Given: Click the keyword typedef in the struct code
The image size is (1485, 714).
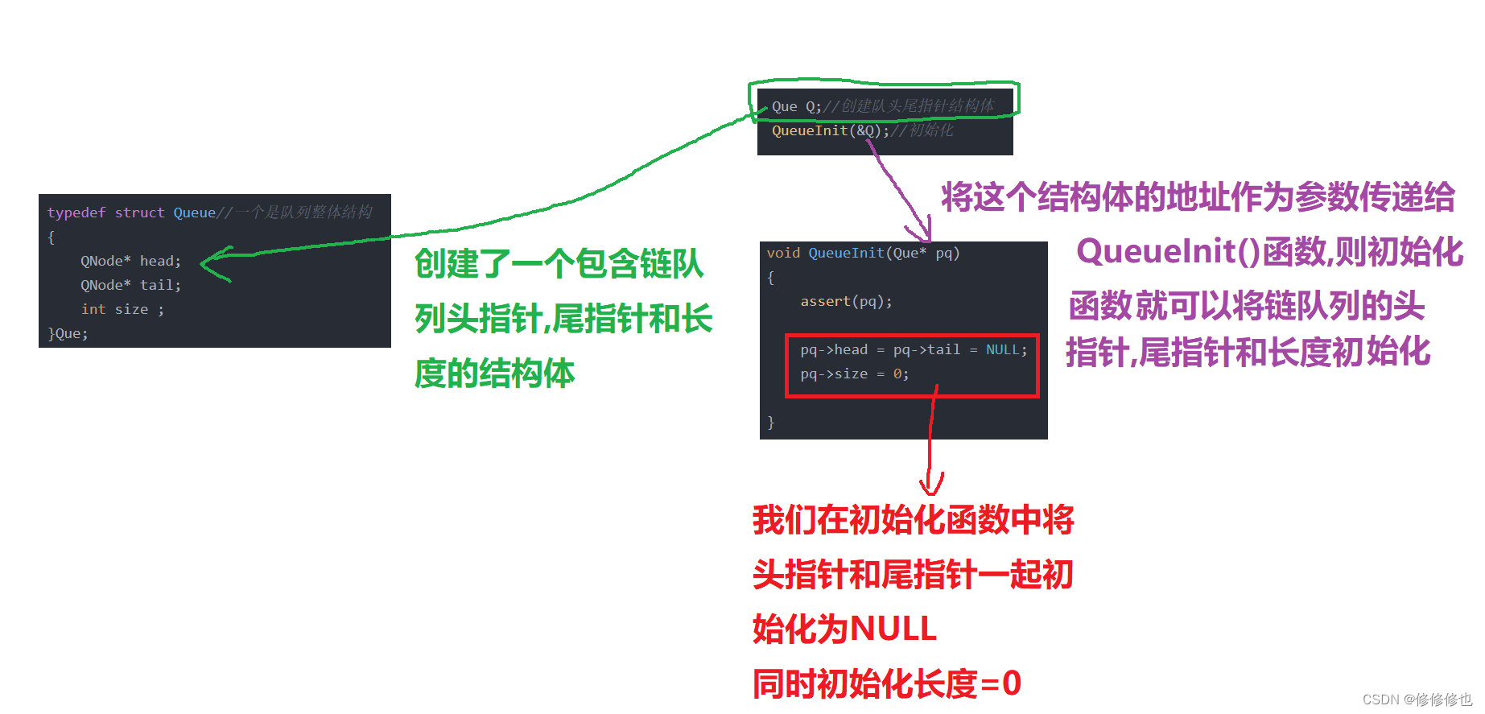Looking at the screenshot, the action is pyautogui.click(x=76, y=213).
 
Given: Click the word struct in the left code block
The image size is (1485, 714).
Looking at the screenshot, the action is pyautogui.click(x=139, y=213).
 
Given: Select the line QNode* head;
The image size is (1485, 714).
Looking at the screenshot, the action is pyautogui.click(x=130, y=261).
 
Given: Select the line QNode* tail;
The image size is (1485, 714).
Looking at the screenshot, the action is pyautogui.click(x=130, y=285).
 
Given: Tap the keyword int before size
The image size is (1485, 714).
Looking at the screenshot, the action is pyautogui.click(x=93, y=309).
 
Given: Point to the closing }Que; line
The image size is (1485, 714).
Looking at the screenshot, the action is pyautogui.click(x=68, y=333).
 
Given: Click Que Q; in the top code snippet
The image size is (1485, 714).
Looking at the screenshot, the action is pyautogui.click(x=796, y=106).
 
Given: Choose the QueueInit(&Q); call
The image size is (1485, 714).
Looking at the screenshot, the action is pyautogui.click(x=830, y=130).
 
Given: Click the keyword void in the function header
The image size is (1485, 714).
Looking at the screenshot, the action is pyautogui.click(x=783, y=253).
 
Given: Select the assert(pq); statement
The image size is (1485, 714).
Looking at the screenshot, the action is pyautogui.click(x=846, y=301).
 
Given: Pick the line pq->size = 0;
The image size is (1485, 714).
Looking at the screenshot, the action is pyautogui.click(x=854, y=374).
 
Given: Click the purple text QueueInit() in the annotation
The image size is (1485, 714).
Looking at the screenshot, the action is pyautogui.click(x=1168, y=251).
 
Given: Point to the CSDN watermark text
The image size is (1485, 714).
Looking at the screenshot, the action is pyautogui.click(x=1417, y=700).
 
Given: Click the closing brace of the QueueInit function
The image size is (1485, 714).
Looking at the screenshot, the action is pyautogui.click(x=770, y=422).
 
